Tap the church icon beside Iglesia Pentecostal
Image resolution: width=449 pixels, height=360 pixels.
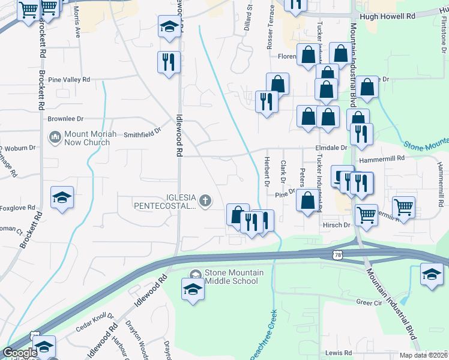205,200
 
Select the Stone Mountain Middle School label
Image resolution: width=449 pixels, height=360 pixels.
234,277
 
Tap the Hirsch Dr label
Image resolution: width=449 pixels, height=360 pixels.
337,225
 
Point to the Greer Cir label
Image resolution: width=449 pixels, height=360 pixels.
369,301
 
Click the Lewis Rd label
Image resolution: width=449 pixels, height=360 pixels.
338,353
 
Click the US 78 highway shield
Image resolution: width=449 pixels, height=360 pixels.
337,256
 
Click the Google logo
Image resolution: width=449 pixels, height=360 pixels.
20,353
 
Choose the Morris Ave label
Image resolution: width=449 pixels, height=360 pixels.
76,23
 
